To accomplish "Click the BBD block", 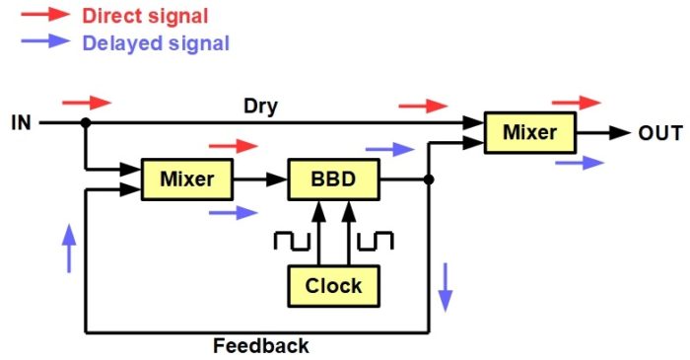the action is pos(333,180).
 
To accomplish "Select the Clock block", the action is pos(333,286).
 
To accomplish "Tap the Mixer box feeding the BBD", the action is pos(187,180).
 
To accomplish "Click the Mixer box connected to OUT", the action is pos(530,132).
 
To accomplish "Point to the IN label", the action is pos(21,122).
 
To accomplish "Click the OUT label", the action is pos(660,133).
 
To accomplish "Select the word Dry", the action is pos(261,107).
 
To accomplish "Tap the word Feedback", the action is pos(261,346).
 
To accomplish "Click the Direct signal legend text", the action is pos(145,17).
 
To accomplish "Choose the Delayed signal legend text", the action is pos(156,43).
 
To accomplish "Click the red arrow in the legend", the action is pos(45,14).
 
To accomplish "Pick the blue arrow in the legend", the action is pos(45,40).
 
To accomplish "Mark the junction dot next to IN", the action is pos(86,122).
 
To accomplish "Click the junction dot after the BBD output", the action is pos(429,180).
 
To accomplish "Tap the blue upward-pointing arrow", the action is pos(69,249).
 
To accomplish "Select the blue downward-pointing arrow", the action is pos(446,287).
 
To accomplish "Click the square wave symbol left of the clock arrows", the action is pos(292,242).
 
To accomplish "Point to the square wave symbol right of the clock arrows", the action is pos(375,242).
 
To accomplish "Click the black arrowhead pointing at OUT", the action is pos(620,132).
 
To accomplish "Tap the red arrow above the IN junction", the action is pos(87,103).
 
